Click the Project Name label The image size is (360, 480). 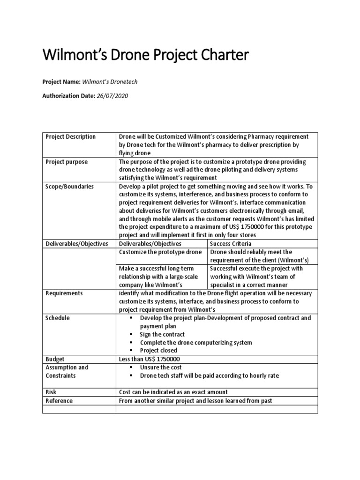pos(61,82)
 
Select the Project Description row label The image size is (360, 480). pos(70,137)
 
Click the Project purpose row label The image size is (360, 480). pos(66,162)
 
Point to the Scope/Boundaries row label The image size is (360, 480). pos(69,187)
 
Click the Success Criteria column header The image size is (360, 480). pos(231,244)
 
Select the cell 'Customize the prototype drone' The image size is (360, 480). pos(160,252)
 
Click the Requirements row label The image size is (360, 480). pos(64,293)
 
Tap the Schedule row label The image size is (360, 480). pos(58,318)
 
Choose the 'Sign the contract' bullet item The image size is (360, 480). pos(162,335)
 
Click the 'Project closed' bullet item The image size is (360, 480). pos(158,351)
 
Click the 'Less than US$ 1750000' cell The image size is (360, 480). pos(150,359)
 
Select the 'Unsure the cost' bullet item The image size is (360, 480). pos(161,367)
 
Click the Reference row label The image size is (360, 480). pos(59,401)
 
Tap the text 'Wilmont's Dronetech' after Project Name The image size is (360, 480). pos(110,82)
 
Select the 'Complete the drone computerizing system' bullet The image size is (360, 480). pos(195,343)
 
